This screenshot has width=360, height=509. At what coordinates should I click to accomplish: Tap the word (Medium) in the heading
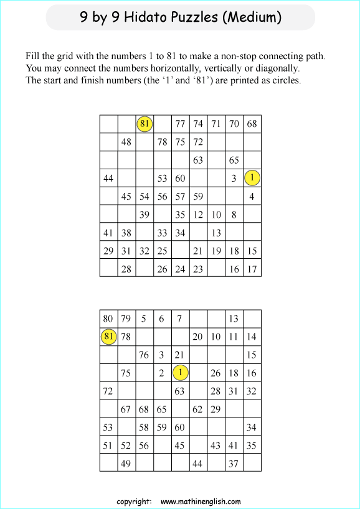point(252,17)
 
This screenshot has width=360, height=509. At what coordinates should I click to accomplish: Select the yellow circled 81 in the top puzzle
point(144,124)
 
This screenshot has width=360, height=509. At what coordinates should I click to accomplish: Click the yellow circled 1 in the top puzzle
point(252,178)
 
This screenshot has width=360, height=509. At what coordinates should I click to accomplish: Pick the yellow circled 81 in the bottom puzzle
point(109,337)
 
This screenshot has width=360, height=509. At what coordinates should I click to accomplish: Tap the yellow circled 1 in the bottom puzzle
point(180,373)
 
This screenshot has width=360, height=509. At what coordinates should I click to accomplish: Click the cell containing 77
point(180,124)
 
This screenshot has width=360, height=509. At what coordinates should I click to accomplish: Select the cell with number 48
point(126,142)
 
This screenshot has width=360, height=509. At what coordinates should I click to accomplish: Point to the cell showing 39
point(144,215)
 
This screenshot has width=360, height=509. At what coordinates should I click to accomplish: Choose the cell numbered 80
point(108,319)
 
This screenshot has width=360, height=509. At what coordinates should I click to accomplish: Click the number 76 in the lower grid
point(144,355)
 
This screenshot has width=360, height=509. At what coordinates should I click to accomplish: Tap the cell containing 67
point(126,409)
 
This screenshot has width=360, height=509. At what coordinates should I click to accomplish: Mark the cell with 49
point(126,463)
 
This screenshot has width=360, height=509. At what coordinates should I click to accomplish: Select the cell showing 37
point(234,463)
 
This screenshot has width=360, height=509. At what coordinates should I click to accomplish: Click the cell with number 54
point(144,197)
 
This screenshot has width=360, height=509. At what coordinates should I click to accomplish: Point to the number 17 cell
point(252,269)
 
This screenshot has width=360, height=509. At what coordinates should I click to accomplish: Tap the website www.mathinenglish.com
point(201,502)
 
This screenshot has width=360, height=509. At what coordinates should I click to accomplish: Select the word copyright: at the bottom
point(134,502)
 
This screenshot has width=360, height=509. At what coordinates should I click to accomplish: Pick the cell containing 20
point(198,337)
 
